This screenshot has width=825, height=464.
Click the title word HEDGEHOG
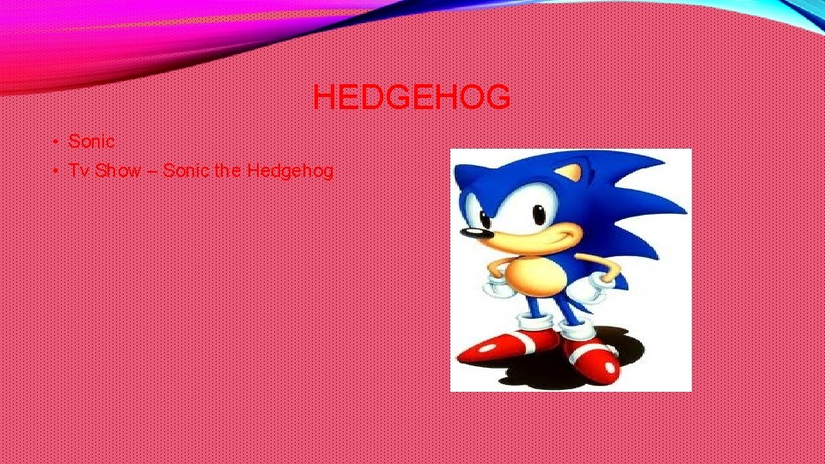[x=412, y=98]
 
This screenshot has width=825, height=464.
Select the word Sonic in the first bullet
[x=91, y=141]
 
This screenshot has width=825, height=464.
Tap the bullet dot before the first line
[x=53, y=142]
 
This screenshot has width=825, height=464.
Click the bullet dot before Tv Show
[x=53, y=171]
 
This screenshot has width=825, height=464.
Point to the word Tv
[x=79, y=170]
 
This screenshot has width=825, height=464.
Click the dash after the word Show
[x=151, y=171]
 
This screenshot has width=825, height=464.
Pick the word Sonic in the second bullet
[x=186, y=170]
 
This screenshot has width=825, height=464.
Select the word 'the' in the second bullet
[x=228, y=170]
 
